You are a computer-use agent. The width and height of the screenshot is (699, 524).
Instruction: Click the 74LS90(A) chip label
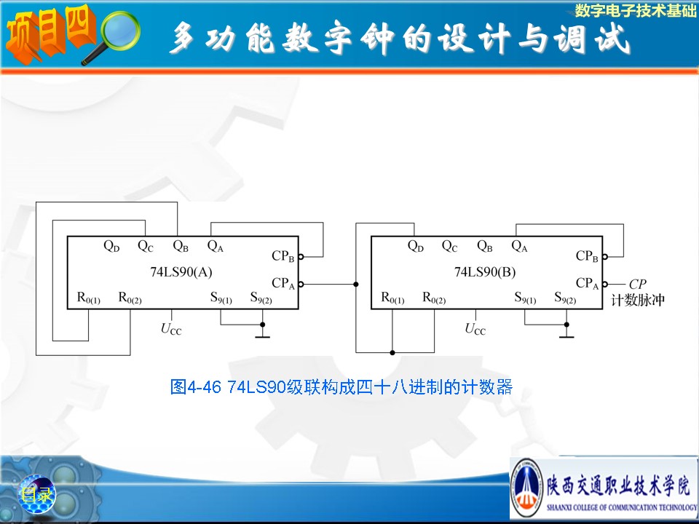(x=180, y=272)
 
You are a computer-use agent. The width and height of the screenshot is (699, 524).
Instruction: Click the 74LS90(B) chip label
(x=484, y=272)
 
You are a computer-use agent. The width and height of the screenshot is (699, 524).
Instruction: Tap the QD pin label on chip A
(x=111, y=246)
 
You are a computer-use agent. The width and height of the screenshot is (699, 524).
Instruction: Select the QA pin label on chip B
(x=519, y=246)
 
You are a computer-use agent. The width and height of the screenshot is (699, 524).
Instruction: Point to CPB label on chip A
(x=283, y=256)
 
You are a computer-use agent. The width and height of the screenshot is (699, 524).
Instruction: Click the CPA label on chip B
(x=587, y=282)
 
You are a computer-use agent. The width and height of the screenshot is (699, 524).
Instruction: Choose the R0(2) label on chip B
(x=434, y=298)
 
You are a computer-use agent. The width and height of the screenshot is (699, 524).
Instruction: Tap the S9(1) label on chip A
(x=221, y=298)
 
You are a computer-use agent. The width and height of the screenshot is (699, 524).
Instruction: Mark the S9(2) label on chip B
(x=565, y=298)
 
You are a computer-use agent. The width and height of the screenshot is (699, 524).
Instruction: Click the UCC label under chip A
(x=171, y=329)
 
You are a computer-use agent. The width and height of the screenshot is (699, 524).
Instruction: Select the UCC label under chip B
(x=475, y=329)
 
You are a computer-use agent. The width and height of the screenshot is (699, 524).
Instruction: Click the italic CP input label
(x=637, y=284)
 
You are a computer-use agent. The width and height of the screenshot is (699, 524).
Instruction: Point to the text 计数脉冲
(x=639, y=300)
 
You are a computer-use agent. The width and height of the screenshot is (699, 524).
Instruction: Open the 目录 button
(x=36, y=496)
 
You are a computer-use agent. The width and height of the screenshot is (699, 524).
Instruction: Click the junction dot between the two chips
(x=355, y=284)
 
